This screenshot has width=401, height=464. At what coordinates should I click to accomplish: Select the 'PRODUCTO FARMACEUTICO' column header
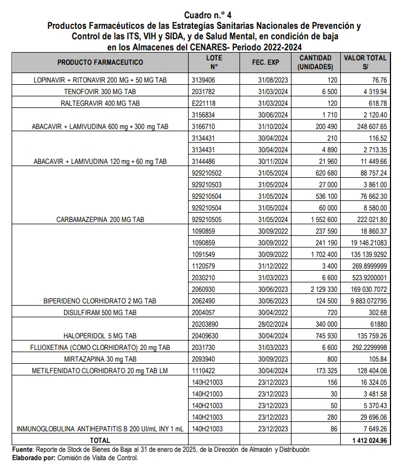[x=100, y=63]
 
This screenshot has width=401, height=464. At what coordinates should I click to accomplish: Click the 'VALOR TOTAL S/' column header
[x=365, y=62]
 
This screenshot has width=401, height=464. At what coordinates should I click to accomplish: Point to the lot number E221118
[x=202, y=103]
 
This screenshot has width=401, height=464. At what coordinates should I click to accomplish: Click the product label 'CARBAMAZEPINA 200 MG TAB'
[x=100, y=219]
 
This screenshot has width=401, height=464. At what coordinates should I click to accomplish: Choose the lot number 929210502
[x=206, y=173]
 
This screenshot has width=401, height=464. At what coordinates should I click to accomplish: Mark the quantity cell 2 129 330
[x=315, y=289]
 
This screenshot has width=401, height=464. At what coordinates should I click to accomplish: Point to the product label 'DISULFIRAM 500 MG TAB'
[x=100, y=312]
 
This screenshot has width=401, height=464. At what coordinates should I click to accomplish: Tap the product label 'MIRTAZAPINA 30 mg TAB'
[x=100, y=359]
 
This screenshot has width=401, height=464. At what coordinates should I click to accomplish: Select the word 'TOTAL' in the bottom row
[x=100, y=440]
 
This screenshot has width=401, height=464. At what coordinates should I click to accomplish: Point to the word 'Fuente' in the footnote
[x=23, y=449]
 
